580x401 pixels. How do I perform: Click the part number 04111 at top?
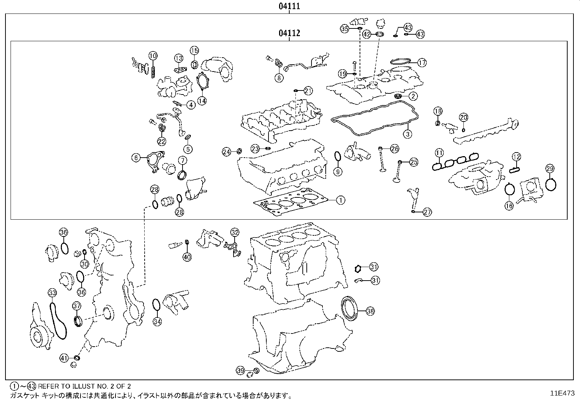click(x=289, y=6)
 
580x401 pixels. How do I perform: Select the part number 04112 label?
click(x=289, y=33)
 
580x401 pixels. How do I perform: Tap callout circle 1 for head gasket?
click(x=340, y=200)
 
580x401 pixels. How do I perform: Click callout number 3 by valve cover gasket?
click(x=408, y=134)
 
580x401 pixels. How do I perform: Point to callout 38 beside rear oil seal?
click(x=370, y=311)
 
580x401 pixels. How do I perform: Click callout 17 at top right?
click(x=422, y=63)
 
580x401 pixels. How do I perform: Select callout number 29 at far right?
click(x=550, y=168)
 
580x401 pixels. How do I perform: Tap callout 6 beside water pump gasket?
click(x=136, y=158)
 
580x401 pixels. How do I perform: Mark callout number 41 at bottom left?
click(x=64, y=358)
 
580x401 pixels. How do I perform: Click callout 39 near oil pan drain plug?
click(x=240, y=370)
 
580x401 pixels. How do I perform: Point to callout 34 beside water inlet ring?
click(x=157, y=321)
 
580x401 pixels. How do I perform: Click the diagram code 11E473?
click(x=562, y=393)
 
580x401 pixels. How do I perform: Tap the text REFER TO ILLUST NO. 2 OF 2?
click(x=84, y=386)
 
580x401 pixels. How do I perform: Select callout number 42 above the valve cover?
click(x=367, y=34)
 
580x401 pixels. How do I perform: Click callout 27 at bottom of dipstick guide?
click(x=427, y=212)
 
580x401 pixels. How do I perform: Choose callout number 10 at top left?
click(x=153, y=56)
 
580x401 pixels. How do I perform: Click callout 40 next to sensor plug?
click(x=187, y=257)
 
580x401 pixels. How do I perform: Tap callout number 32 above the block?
click(x=235, y=232)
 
